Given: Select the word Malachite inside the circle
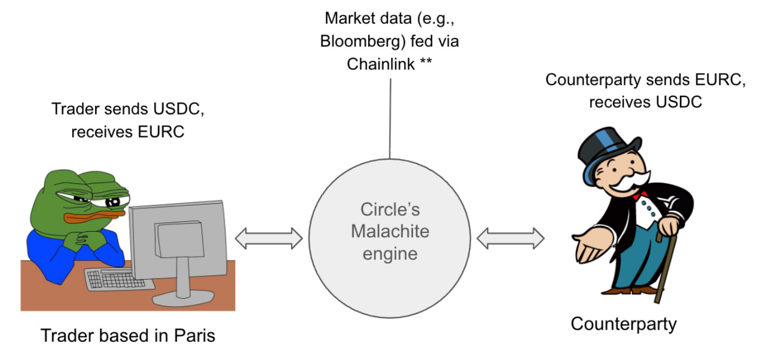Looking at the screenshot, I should tap(390, 231).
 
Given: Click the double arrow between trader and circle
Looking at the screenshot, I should tap(269, 239).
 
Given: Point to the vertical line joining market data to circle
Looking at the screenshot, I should tap(390, 118).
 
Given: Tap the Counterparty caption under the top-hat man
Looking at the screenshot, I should tap(623, 324).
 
